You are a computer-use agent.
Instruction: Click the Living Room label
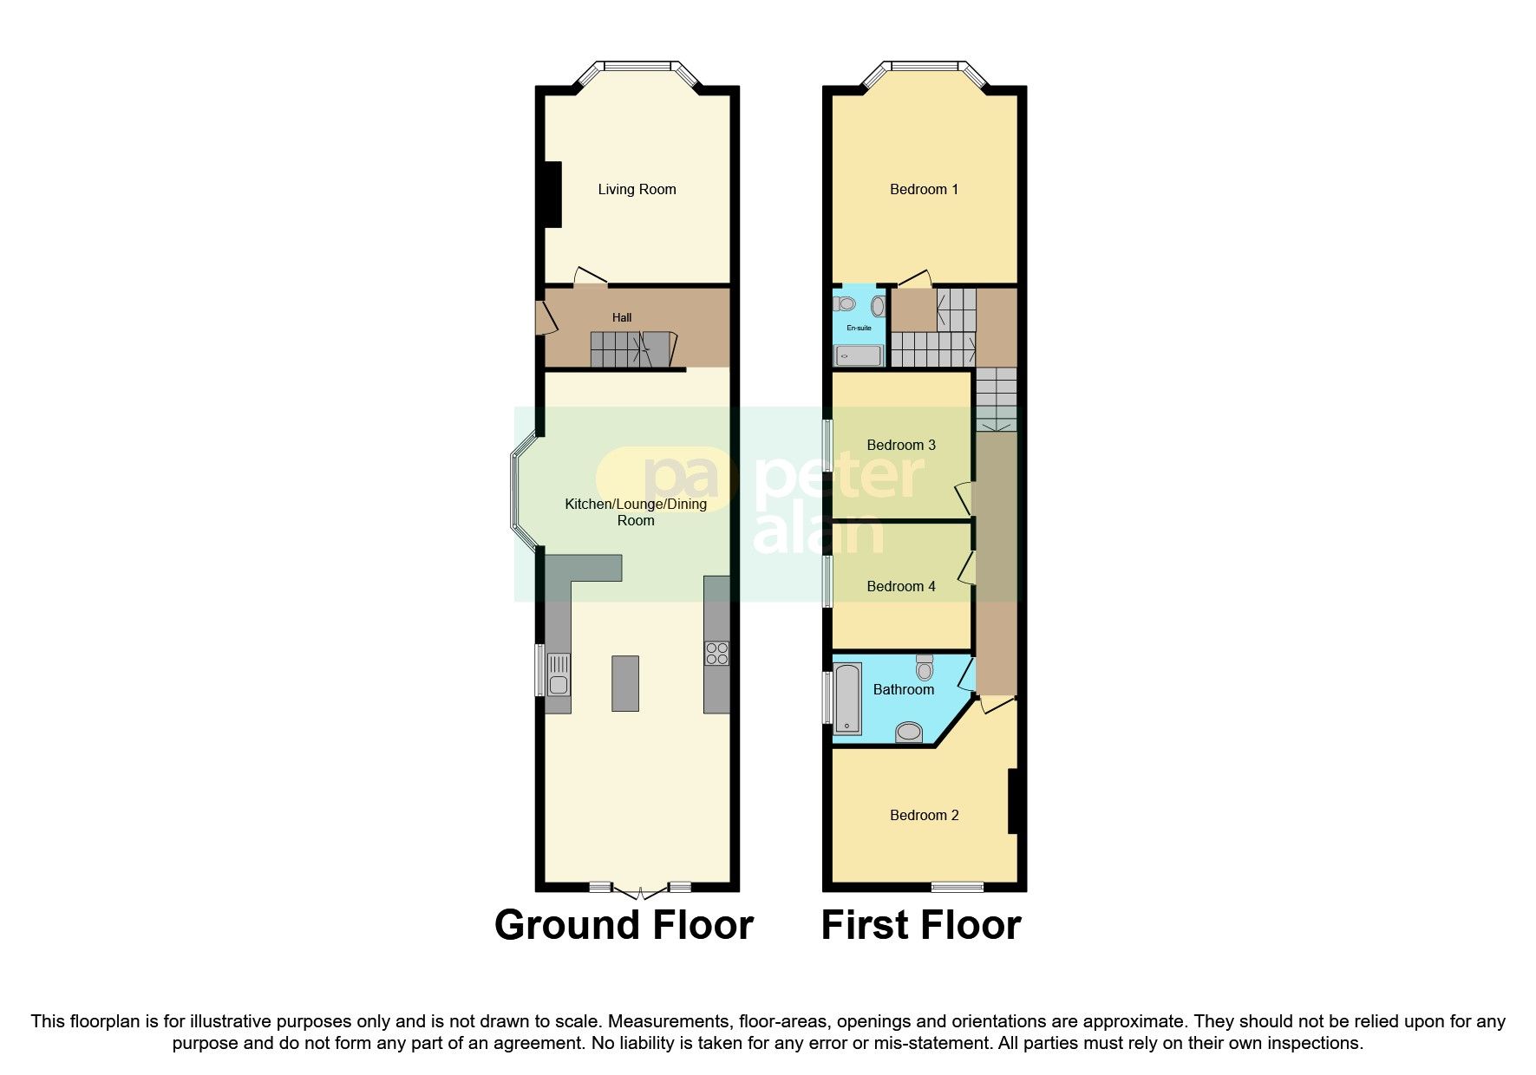point(637,190)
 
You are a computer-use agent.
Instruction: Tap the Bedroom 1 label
point(924,190)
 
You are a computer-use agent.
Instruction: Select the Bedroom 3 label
point(901,446)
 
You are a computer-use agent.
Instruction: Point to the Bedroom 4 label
point(901,587)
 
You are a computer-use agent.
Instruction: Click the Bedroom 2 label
point(924,816)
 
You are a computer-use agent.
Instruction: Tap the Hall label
point(622,318)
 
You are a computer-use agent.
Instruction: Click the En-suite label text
point(859,329)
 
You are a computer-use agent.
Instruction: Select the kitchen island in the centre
point(625,683)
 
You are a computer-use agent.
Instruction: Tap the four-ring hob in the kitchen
point(717,653)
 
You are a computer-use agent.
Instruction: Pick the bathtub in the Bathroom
point(846,699)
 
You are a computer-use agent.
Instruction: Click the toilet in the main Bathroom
point(925,668)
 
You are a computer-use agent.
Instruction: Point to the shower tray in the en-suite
point(859,355)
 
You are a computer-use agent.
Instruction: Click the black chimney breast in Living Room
point(552,195)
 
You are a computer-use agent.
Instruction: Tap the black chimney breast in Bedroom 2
point(1012,801)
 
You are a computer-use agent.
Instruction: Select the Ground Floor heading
point(624,925)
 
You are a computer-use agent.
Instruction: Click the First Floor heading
point(920,925)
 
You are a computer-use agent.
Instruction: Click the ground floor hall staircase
point(631,349)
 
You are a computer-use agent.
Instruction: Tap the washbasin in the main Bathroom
point(909,733)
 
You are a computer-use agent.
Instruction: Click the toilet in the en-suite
point(845,304)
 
